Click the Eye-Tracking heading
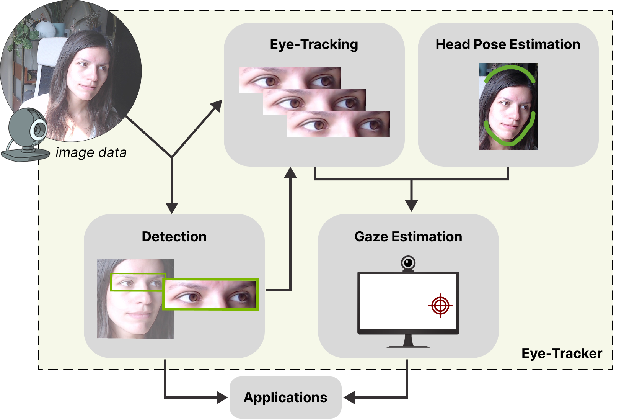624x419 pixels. (x=314, y=44)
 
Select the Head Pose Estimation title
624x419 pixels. (x=508, y=44)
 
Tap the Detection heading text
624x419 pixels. (x=174, y=237)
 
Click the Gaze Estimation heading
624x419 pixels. (x=408, y=237)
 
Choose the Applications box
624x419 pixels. (x=285, y=398)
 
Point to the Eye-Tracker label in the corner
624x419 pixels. (x=562, y=354)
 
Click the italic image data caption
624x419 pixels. (x=91, y=152)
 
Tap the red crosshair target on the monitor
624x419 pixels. (x=440, y=306)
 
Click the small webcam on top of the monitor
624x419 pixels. (x=408, y=264)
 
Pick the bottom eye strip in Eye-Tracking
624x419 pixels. (x=339, y=124)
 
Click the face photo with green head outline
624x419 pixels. (x=508, y=106)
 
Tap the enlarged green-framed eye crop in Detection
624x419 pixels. (x=211, y=294)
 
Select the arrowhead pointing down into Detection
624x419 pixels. (x=172, y=208)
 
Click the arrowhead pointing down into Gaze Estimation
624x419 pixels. (x=411, y=206)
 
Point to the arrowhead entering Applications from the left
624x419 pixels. (x=222, y=398)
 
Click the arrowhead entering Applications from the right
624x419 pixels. (x=349, y=398)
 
